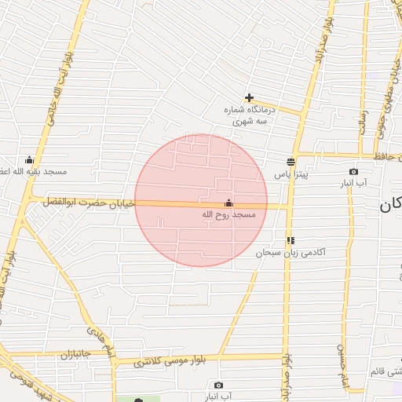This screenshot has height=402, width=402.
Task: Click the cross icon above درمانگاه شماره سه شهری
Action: click(x=249, y=98)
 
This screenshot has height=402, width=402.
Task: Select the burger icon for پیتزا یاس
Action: click(x=291, y=162)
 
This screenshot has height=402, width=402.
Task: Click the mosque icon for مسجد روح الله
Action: click(x=228, y=203)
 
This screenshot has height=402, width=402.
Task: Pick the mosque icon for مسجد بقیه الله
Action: click(x=30, y=160)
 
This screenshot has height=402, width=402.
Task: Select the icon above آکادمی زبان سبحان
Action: click(x=291, y=241)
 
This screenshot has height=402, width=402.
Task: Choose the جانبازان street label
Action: click(x=76, y=353)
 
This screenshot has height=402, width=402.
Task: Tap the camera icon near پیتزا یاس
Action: click(x=353, y=172)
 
